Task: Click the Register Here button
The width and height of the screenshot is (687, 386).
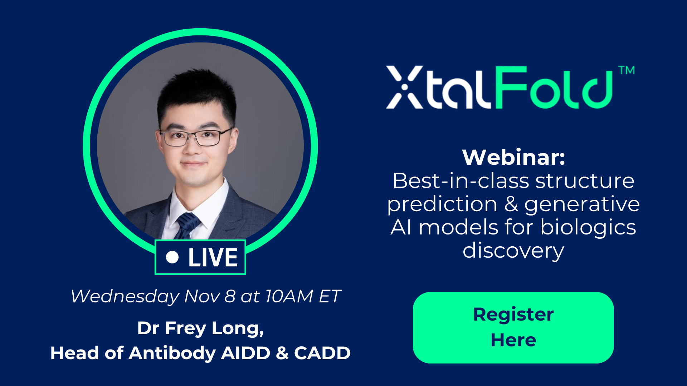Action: click(x=513, y=328)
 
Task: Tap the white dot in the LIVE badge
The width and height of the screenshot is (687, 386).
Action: click(x=172, y=257)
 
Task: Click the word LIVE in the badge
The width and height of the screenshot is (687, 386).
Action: click(x=213, y=257)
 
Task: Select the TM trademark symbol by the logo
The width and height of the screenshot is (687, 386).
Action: click(x=627, y=70)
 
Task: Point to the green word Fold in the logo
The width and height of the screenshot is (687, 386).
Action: click(x=554, y=88)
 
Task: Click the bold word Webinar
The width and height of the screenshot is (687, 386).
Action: click(x=513, y=157)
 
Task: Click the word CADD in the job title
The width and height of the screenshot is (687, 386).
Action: click(x=322, y=353)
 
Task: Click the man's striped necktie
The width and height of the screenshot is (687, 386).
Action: click(x=186, y=226)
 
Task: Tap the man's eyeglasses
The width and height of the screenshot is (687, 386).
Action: click(x=196, y=138)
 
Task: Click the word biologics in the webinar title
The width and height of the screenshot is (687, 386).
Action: click(x=588, y=228)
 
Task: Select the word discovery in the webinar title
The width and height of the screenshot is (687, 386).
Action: click(x=513, y=251)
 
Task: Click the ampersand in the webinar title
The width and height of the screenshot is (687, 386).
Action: click(x=511, y=204)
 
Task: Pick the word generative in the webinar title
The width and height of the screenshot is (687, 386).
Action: click(x=582, y=205)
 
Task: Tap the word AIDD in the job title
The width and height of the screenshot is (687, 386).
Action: click(x=245, y=353)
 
